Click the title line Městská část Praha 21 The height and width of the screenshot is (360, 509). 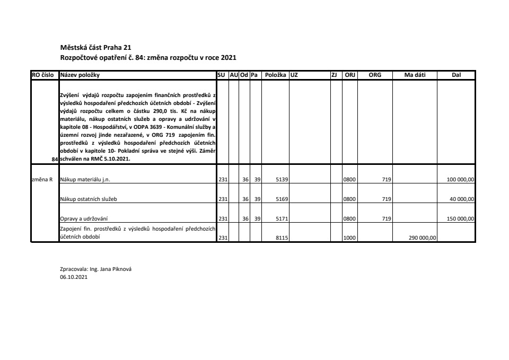pos(92,48)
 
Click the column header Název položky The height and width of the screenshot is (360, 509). pos(80,75)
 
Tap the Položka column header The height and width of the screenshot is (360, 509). pos(276,75)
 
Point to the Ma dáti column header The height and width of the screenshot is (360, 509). pos(415,75)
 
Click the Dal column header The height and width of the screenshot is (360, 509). pos(456,75)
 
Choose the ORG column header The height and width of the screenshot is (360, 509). pos(375,75)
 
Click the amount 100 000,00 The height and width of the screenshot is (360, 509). pos(460,180)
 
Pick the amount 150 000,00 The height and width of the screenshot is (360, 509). pos(460,218)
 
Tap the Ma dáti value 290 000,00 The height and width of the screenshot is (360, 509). pos(422,238)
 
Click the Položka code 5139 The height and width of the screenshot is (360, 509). pos(282,180)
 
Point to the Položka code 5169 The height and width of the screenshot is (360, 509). pos(282,199)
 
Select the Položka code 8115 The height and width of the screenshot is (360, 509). pos(282,238)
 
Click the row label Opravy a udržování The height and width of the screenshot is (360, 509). pos(84,218)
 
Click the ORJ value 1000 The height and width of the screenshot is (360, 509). pos(349,238)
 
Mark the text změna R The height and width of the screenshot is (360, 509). pos(42,180)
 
